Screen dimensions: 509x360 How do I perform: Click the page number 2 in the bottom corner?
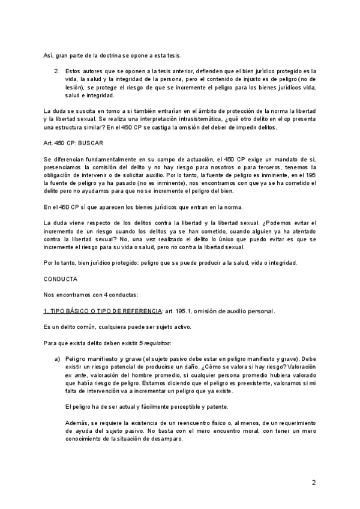click(314, 483)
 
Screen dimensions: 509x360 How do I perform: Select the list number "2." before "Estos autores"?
click(56, 70)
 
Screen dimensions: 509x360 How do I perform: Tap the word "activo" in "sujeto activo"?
click(178, 327)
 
